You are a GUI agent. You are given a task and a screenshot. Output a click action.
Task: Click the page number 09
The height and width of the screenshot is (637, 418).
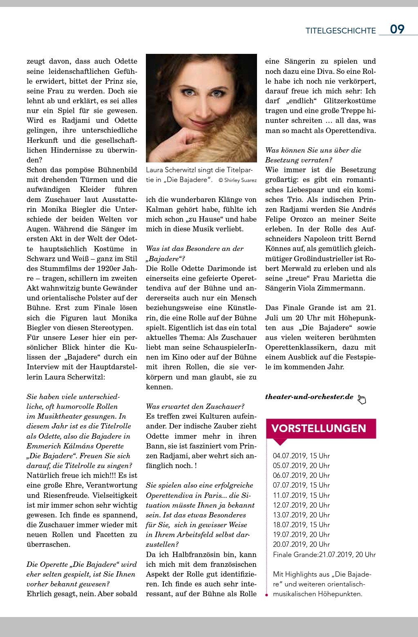pyautogui.click(x=397, y=29)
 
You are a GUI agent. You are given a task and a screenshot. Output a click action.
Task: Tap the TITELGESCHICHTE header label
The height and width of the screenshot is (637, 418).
pyautogui.click(x=340, y=31)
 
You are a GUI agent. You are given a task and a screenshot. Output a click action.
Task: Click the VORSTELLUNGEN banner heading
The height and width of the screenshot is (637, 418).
pyautogui.click(x=319, y=428)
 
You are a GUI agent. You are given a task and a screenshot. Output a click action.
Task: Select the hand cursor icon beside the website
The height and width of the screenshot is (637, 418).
pyautogui.click(x=362, y=400)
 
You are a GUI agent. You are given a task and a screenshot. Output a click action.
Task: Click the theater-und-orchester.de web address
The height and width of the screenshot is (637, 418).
pyautogui.click(x=309, y=397)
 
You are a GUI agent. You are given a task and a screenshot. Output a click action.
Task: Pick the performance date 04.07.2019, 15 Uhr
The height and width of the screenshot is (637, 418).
pyautogui.click(x=301, y=456)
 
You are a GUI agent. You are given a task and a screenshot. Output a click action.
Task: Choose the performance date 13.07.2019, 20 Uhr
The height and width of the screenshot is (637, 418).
pyautogui.click(x=301, y=515)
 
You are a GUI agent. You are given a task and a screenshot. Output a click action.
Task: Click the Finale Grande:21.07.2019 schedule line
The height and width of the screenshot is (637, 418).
pyautogui.click(x=324, y=555)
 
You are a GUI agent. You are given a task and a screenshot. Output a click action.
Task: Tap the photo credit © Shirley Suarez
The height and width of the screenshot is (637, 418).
pyautogui.click(x=237, y=180)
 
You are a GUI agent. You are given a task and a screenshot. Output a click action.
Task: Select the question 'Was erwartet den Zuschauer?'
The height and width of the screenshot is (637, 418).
pyautogui.click(x=195, y=406)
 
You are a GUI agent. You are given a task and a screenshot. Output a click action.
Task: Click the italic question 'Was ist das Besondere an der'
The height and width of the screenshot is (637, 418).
pyautogui.click(x=194, y=249)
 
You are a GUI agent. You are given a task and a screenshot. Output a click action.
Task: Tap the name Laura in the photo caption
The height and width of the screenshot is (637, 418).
pyautogui.click(x=156, y=170)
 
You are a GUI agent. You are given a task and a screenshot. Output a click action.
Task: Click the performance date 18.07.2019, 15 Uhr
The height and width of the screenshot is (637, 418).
pyautogui.click(x=301, y=525)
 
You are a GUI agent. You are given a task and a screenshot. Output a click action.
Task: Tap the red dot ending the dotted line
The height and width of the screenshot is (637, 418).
pyautogui.click(x=266, y=595)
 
